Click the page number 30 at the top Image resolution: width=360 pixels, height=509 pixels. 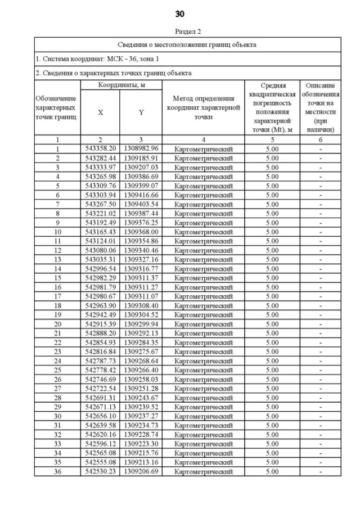(x=180, y=13)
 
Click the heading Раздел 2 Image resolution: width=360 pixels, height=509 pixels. (x=180, y=31)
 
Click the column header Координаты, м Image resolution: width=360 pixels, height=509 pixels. (x=121, y=84)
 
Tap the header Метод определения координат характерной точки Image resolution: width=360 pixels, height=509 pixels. (x=203, y=107)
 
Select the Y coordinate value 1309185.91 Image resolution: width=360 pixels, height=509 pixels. (x=141, y=158)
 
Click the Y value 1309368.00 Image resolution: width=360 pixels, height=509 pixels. (x=141, y=231)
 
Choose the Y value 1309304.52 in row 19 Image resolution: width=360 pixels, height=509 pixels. (x=141, y=314)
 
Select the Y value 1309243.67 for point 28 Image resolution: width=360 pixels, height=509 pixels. (x=141, y=397)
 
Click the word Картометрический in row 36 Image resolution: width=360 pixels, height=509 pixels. (x=203, y=471)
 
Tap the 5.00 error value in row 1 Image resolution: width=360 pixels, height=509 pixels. (x=272, y=148)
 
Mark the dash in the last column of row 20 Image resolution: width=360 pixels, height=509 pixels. (x=320, y=323)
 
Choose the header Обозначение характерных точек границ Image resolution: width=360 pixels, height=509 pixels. (x=57, y=107)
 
